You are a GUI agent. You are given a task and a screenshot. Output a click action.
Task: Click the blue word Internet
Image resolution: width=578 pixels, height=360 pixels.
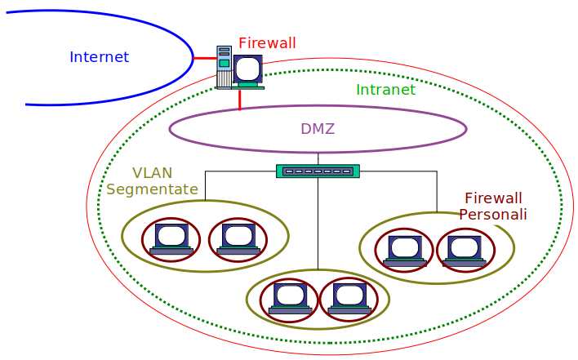tap(99, 57)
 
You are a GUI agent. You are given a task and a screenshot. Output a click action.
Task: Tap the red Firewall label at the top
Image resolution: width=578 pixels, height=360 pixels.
tap(267, 43)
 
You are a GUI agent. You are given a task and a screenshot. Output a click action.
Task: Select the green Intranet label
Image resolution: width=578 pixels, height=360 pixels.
tap(385, 90)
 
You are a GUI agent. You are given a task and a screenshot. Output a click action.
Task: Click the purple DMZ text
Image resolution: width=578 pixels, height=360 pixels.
tap(318, 129)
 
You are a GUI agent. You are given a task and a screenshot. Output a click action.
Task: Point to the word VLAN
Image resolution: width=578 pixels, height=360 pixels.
tap(153, 173)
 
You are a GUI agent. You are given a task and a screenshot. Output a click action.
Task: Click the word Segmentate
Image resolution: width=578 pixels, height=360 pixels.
tap(153, 189)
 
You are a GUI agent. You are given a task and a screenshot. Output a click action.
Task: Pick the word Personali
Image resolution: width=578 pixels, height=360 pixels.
tap(493, 215)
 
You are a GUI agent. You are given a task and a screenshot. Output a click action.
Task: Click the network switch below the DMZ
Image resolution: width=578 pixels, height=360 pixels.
tap(318, 171)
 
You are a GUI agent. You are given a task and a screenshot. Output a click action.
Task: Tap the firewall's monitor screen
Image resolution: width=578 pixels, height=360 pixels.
tap(247, 69)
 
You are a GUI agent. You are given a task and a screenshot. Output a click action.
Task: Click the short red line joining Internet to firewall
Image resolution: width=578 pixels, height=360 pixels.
tap(204, 58)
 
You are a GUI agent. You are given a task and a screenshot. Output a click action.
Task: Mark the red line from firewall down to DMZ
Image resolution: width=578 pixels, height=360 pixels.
tap(240, 99)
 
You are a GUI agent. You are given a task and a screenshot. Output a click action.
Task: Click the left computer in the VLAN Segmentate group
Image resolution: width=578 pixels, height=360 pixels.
tap(171, 238)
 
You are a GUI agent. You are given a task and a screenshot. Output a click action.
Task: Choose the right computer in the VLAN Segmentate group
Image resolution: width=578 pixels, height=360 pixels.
tap(238, 238)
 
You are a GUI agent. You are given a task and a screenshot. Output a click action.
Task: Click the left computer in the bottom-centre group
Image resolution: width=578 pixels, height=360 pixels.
tap(290, 299)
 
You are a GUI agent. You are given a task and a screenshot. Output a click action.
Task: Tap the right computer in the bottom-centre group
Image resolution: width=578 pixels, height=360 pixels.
tap(349, 299)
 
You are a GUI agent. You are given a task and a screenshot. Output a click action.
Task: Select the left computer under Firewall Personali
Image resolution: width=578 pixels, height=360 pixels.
tap(404, 249)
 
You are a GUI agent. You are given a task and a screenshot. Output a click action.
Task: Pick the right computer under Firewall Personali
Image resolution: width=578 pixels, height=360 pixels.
tap(465, 249)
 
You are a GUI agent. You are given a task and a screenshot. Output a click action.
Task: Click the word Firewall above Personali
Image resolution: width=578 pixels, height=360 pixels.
tap(493, 198)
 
